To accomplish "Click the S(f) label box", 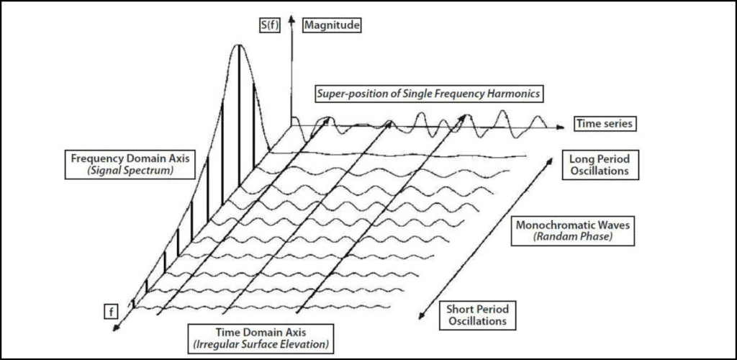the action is (x=271, y=24).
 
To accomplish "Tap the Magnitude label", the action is (x=333, y=24).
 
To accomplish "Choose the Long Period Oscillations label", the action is (x=598, y=164).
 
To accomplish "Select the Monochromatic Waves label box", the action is (x=572, y=230).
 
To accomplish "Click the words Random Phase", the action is (x=572, y=237).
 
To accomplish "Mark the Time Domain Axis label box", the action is (x=261, y=338).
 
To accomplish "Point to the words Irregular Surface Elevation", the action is (x=261, y=344).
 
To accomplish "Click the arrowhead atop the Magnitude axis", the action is (x=292, y=19).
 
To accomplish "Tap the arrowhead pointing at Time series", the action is (x=559, y=127).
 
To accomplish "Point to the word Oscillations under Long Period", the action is (x=598, y=171).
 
